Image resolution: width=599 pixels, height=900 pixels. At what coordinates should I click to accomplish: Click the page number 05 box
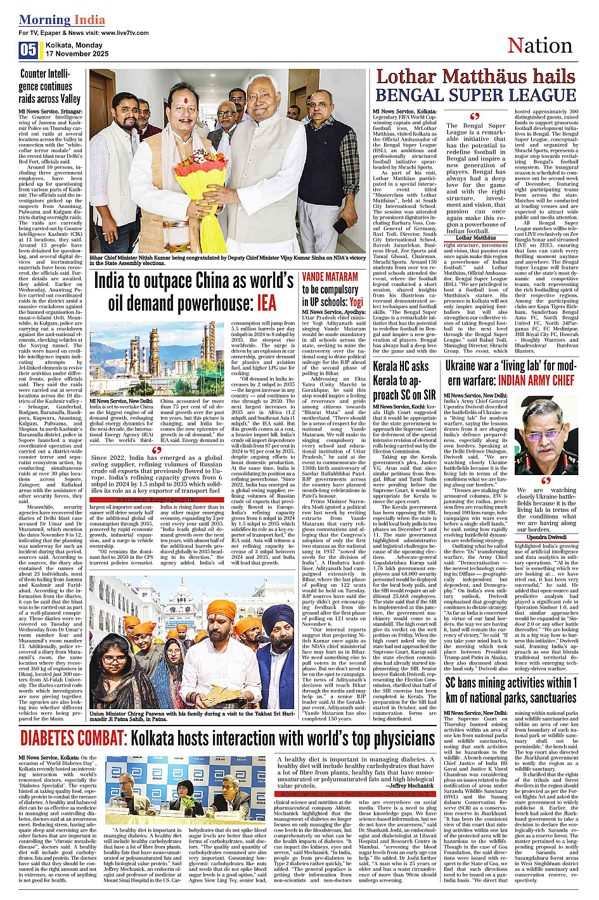coord(28,50)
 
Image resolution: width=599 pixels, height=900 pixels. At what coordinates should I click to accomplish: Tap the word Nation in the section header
coord(539,46)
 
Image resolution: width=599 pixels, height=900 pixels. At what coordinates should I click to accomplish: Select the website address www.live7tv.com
coord(124,32)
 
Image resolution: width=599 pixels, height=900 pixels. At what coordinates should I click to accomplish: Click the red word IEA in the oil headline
coord(266,303)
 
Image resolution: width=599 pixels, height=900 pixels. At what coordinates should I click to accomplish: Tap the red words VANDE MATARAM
coord(330,277)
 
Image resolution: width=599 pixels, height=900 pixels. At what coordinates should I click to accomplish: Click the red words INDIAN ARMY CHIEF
coord(536,381)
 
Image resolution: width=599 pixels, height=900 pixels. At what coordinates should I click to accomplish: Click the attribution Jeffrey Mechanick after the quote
coord(411,785)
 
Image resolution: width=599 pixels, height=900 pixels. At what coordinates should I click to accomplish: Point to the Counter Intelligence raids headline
coord(49,86)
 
